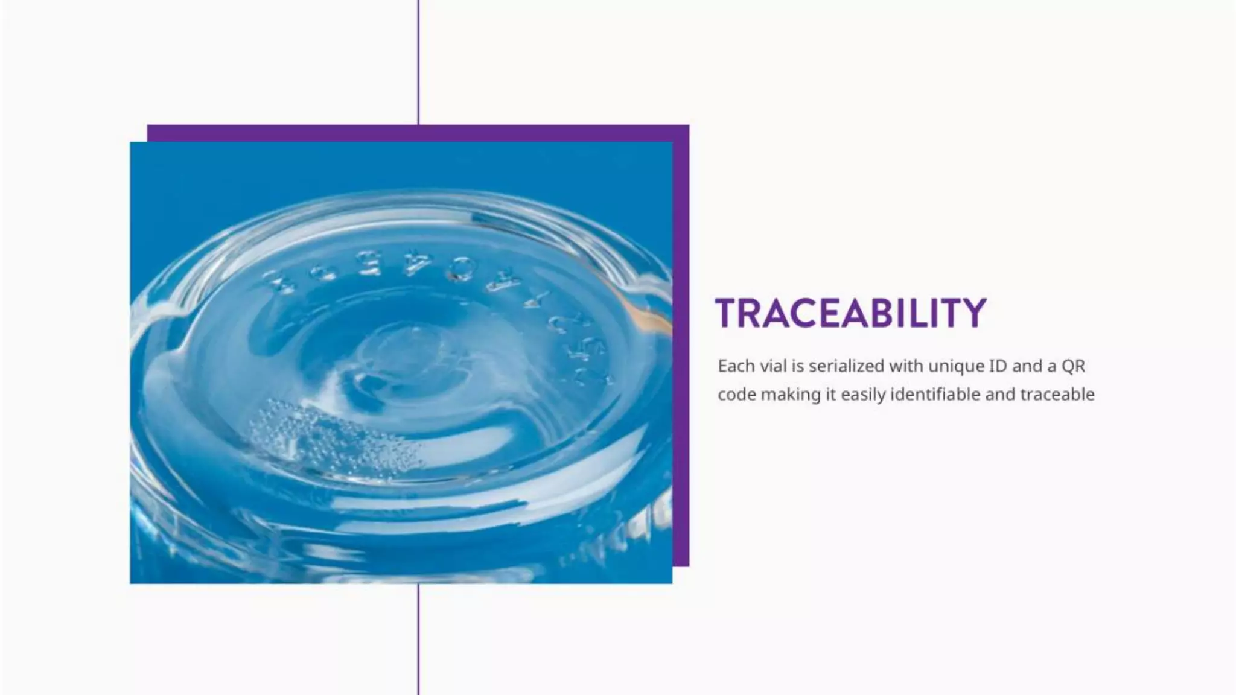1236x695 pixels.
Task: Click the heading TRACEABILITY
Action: [850, 313]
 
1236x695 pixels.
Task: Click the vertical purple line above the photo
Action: [418, 60]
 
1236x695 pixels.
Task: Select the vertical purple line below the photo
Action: [418, 639]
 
